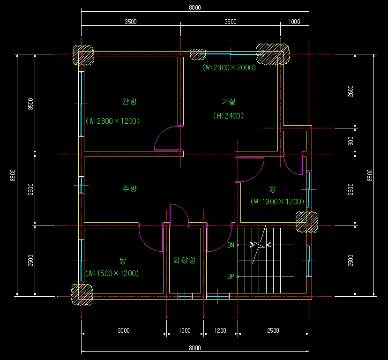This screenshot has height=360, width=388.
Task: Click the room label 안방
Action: click(x=129, y=101)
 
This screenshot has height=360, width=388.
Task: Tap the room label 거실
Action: click(x=228, y=102)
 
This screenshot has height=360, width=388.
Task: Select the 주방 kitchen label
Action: click(x=129, y=188)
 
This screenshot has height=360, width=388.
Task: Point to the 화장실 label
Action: click(x=184, y=260)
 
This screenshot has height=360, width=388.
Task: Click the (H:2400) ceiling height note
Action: click(x=228, y=116)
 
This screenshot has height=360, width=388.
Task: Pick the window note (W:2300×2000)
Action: click(x=229, y=67)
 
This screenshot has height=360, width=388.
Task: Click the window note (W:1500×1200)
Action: click(x=112, y=273)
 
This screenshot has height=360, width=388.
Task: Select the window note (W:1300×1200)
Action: click(x=277, y=202)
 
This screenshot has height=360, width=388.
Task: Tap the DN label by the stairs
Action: click(x=231, y=245)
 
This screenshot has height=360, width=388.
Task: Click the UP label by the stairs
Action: click(x=231, y=276)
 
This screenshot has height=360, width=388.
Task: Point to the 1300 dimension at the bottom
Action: click(x=185, y=330)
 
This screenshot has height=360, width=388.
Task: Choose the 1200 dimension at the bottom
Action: click(x=220, y=330)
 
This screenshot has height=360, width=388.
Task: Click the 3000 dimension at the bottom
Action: click(x=124, y=330)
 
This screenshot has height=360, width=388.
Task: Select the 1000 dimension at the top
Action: click(x=294, y=22)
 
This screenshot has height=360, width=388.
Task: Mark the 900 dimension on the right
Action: click(x=351, y=141)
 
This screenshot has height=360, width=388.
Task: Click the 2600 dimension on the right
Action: click(x=351, y=91)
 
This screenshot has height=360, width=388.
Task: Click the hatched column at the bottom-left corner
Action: click(x=82, y=294)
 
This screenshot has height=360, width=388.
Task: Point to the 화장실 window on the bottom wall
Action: click(x=185, y=296)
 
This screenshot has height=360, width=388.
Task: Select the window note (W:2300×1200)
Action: click(x=112, y=121)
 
